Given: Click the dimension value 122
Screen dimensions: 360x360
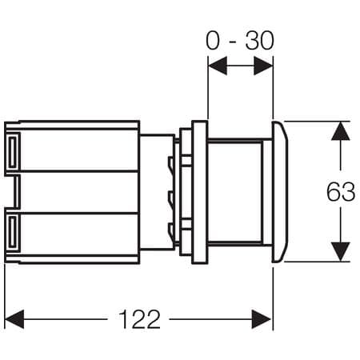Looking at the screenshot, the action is [x=139, y=319].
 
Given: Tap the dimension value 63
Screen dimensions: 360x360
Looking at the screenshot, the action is [x=341, y=191].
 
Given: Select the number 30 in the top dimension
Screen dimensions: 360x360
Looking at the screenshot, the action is [x=259, y=41].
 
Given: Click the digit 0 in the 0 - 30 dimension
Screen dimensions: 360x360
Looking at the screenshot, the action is [x=213, y=41].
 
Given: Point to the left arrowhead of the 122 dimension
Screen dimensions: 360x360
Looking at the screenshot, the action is [x=14, y=319].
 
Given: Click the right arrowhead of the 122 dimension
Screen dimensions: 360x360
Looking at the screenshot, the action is [x=262, y=319].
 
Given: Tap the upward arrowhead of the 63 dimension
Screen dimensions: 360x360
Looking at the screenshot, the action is [x=341, y=131].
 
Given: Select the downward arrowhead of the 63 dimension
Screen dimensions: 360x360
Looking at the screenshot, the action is [x=341, y=252].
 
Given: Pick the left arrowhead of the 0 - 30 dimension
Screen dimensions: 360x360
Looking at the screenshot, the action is [x=218, y=66].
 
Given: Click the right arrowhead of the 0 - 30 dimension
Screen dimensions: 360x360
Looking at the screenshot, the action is [x=263, y=66].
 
